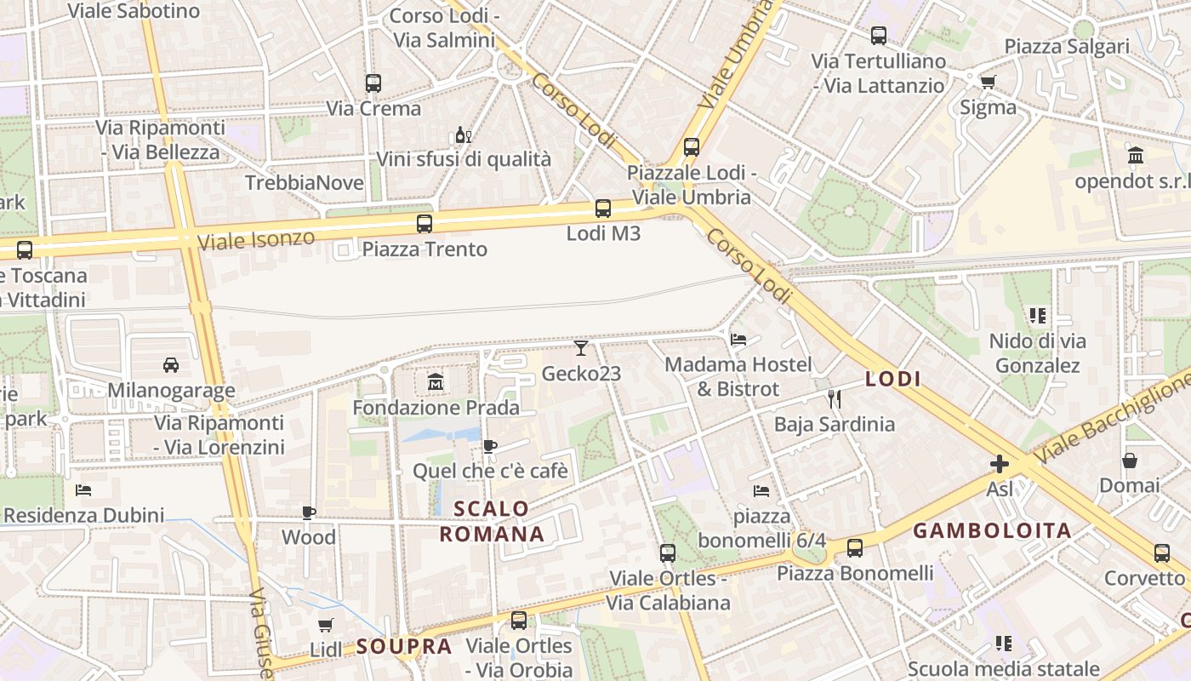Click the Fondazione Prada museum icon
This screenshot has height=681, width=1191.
(x=436, y=382)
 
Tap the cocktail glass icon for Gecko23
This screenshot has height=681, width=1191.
(x=581, y=347)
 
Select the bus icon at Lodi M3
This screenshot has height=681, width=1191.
(x=602, y=208)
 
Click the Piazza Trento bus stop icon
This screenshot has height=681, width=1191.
(x=424, y=224)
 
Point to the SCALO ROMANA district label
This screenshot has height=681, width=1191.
(x=492, y=522)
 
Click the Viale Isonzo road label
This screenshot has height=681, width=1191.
(x=255, y=239)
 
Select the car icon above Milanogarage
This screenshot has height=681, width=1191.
(x=170, y=365)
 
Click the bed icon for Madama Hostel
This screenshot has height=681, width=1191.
(x=738, y=339)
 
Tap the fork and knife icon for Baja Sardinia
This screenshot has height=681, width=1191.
(x=835, y=398)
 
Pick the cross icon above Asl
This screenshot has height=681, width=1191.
(x=1000, y=464)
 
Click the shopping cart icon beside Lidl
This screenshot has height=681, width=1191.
(x=325, y=626)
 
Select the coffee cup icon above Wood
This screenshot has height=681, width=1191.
(x=309, y=512)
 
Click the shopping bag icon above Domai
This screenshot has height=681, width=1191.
(x=1130, y=461)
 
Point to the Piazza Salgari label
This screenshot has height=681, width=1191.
(x=1067, y=46)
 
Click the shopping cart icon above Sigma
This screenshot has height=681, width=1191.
(x=988, y=82)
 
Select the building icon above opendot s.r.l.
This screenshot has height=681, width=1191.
(x=1135, y=156)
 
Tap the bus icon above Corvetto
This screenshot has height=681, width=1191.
(x=1162, y=553)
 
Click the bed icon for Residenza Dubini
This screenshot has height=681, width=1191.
(x=83, y=490)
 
